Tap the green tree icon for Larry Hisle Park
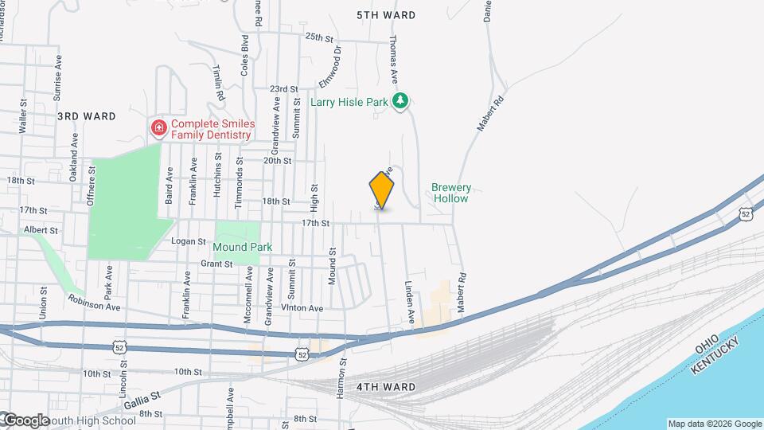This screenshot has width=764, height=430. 402,100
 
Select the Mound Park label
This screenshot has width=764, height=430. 244,248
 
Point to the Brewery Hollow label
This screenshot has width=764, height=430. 451,193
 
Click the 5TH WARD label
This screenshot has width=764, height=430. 386,15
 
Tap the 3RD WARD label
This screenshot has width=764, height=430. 81,115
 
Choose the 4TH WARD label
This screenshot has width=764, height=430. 386,387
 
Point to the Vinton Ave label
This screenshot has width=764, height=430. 302,308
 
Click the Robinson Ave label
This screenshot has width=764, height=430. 94,301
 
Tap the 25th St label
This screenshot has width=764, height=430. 318,37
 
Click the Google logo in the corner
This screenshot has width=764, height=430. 26,420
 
